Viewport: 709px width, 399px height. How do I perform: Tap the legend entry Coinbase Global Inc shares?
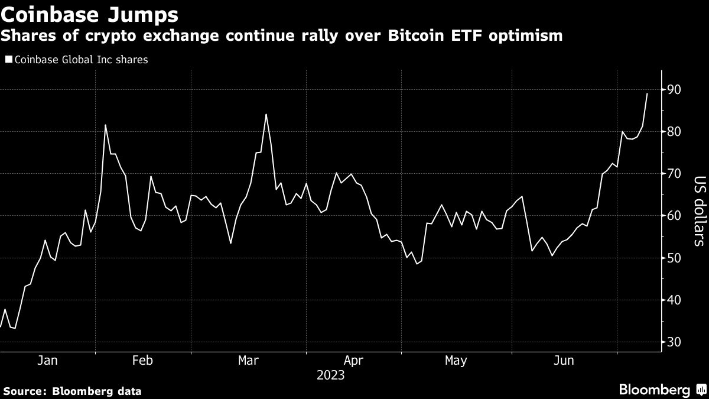coord(80,60)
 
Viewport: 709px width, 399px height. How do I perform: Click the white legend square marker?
coord(8,60)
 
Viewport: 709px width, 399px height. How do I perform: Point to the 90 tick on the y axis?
coord(675,90)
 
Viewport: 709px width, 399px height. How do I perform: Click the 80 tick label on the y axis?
coord(675,132)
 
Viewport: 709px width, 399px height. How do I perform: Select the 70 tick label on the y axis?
coord(675,174)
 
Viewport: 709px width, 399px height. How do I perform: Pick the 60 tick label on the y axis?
coord(675,216)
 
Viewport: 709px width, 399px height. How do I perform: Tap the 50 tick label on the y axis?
coord(675,258)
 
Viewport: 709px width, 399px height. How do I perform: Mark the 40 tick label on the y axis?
coord(675,300)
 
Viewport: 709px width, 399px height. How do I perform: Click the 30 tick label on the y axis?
coord(675,342)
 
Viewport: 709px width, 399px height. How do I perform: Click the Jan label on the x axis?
coord(47,361)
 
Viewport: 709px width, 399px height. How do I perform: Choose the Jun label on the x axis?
coord(564,361)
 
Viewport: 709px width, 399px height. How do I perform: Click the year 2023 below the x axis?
coord(330,375)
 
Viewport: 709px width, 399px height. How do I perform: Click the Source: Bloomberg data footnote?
coord(72,391)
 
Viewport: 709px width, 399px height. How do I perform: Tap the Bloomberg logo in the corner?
coord(662,390)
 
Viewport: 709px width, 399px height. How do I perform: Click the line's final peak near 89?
coord(647,93)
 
